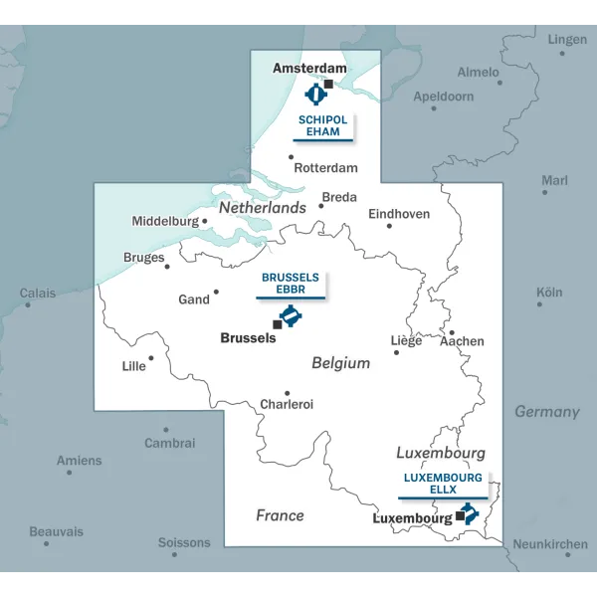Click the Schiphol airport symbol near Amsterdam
316,95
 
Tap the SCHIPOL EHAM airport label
323,125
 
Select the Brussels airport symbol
291,316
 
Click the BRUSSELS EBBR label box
290,284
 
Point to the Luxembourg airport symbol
468,513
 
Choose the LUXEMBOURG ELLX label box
443,484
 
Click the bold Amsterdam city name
309,69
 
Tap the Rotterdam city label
325,168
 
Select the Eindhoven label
399,214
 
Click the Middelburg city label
165,221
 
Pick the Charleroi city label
287,404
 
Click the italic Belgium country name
340,363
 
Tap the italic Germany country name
546,411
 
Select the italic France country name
280,515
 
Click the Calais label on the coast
38,293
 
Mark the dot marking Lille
151,358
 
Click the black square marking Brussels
277,324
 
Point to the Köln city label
549,293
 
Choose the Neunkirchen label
549,544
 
